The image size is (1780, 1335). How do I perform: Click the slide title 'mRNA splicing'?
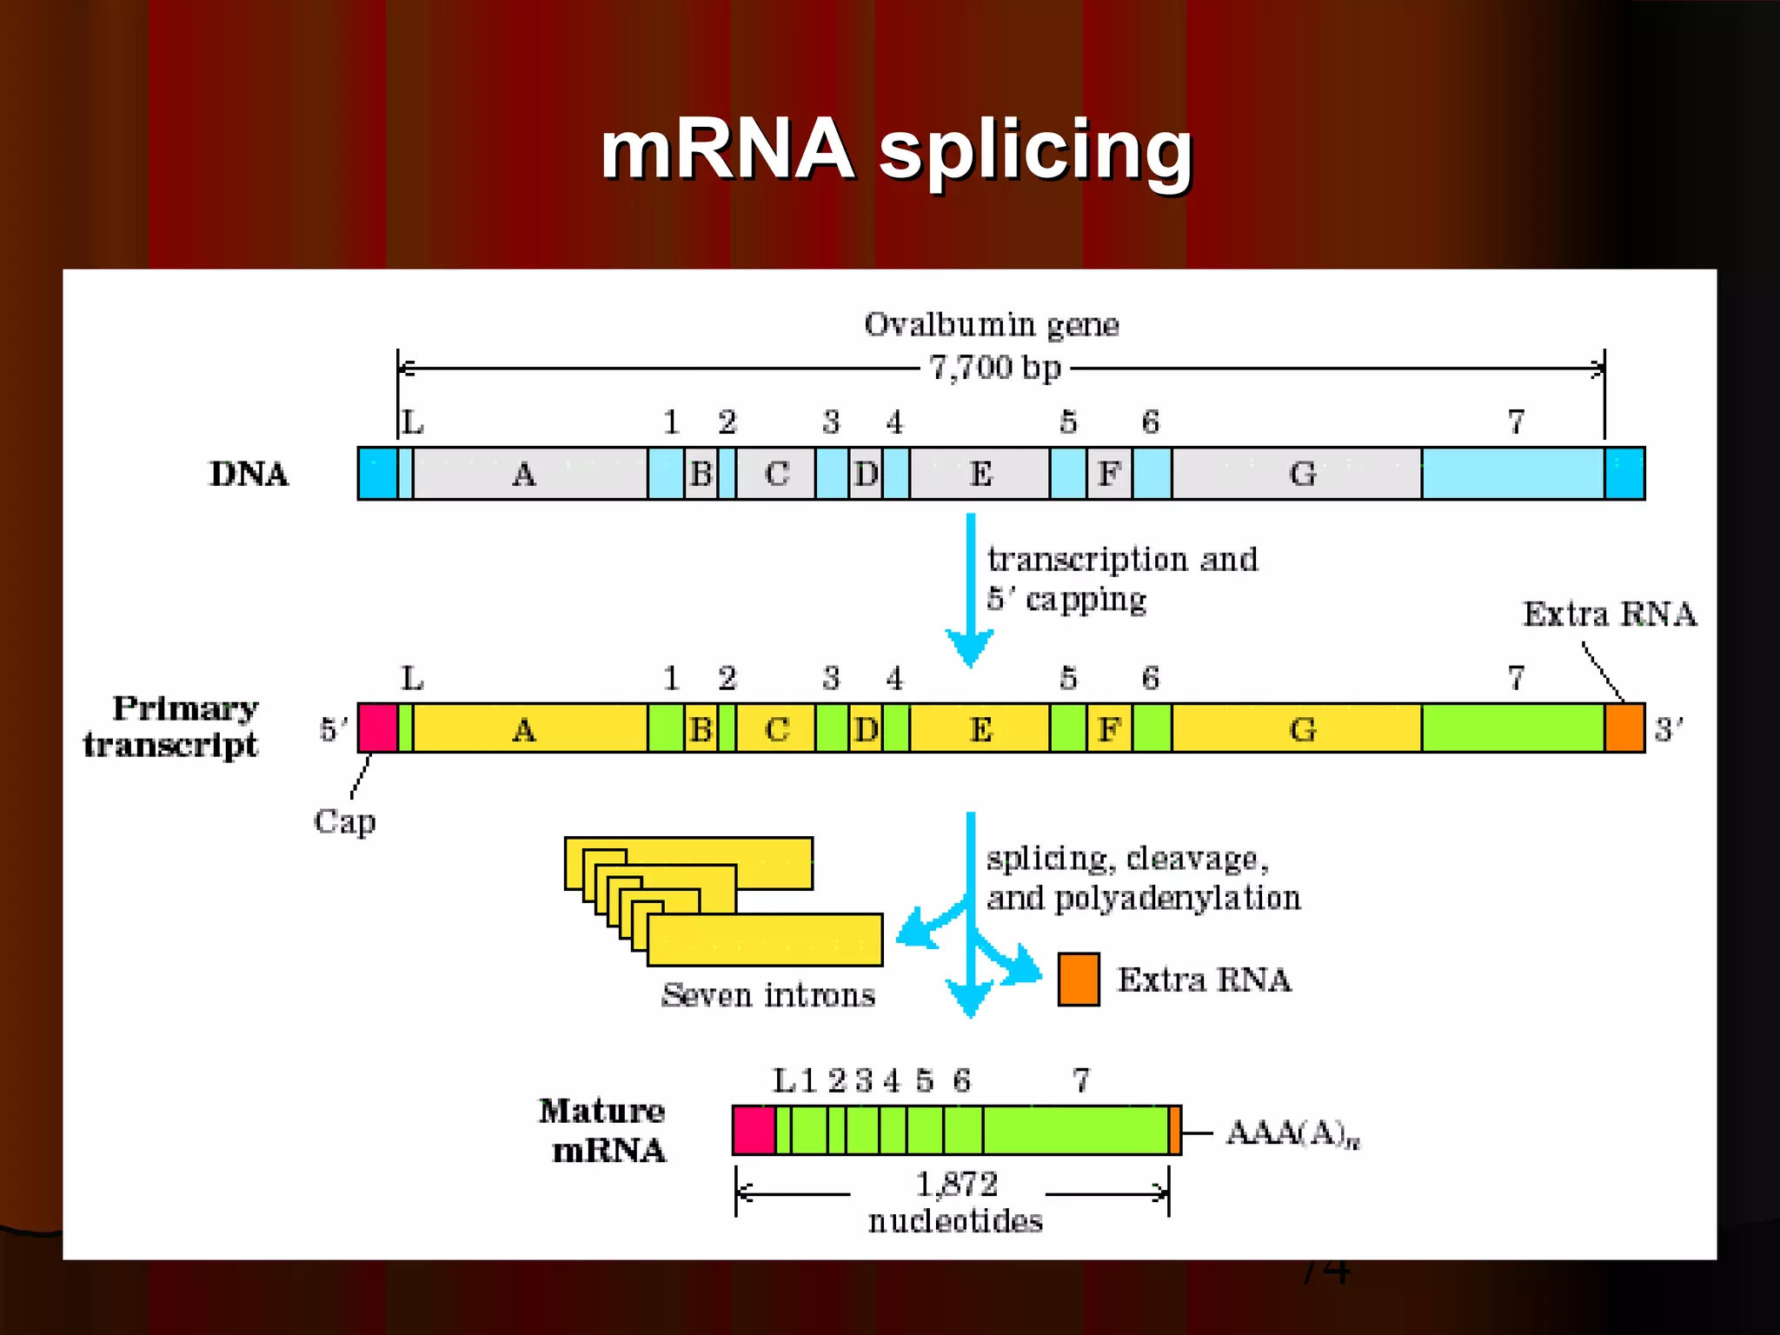(x=896, y=149)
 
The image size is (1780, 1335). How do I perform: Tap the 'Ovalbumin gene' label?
(x=991, y=325)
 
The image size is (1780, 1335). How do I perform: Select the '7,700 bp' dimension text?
(x=995, y=368)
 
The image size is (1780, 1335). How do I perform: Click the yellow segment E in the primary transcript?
(x=980, y=728)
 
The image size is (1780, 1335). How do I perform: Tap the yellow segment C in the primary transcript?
(x=776, y=728)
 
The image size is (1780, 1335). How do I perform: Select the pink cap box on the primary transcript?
(x=378, y=728)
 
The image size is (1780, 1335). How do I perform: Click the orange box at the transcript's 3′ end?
(x=1624, y=728)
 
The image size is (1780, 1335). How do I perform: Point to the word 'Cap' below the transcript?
(x=345, y=821)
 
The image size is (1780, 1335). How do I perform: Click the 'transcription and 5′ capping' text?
(x=1121, y=578)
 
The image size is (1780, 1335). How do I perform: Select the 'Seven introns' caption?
(x=768, y=995)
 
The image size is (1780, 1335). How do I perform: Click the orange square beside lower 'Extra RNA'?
(x=1079, y=980)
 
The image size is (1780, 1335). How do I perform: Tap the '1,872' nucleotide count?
(x=956, y=1185)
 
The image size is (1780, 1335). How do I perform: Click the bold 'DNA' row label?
(x=249, y=475)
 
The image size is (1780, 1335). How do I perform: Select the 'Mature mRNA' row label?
(x=603, y=1130)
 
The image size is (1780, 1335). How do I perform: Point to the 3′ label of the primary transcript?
(x=1668, y=728)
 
